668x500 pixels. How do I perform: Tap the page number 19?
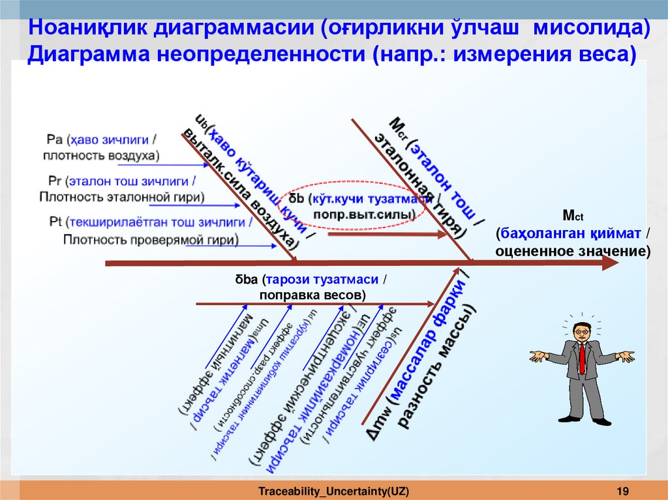tap(622, 490)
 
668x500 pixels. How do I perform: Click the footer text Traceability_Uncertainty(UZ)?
tap(334, 490)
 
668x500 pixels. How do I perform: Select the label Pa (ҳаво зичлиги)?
tap(102, 139)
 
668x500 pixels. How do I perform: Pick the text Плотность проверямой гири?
tap(150, 239)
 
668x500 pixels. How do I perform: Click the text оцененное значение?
tap(573, 250)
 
